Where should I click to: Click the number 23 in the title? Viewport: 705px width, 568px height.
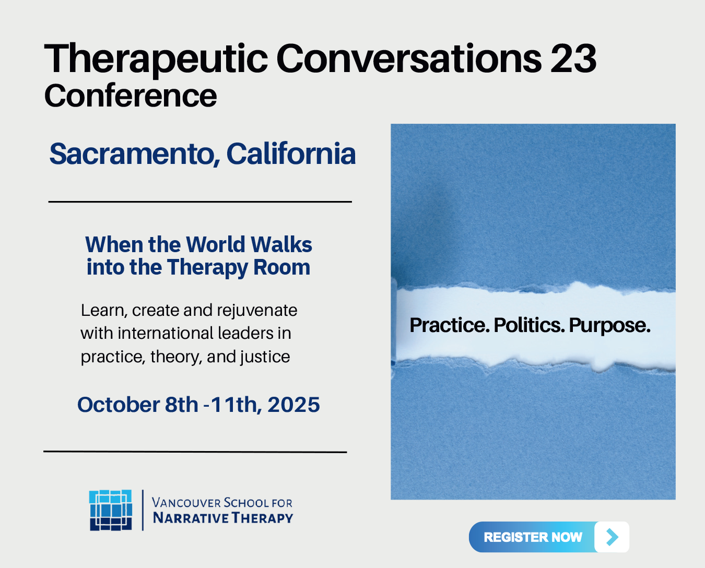tap(573, 59)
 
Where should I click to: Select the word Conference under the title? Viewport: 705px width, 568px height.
tap(131, 96)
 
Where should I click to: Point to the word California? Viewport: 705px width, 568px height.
tap(291, 153)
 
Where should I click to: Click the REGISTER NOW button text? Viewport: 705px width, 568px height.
tap(533, 537)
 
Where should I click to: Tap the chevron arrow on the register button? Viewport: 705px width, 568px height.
tap(612, 537)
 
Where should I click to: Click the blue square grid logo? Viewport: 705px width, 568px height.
tap(111, 510)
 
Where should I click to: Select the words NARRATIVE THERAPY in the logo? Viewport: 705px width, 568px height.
tap(223, 518)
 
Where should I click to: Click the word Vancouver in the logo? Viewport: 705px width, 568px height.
tap(186, 503)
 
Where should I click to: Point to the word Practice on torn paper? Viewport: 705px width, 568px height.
tap(450, 325)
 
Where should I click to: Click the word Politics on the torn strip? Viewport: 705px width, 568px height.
tap(529, 325)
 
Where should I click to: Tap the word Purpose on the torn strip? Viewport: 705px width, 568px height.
tap(609, 326)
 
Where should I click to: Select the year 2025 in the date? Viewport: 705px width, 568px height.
tap(293, 405)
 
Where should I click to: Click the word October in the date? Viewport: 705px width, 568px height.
tap(118, 405)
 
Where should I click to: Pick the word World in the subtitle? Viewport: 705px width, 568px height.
tap(216, 244)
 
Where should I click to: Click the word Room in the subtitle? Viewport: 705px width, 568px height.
tap(281, 267)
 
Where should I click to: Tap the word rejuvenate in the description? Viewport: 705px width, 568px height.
tap(257, 311)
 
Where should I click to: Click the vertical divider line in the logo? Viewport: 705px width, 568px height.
tap(143, 510)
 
